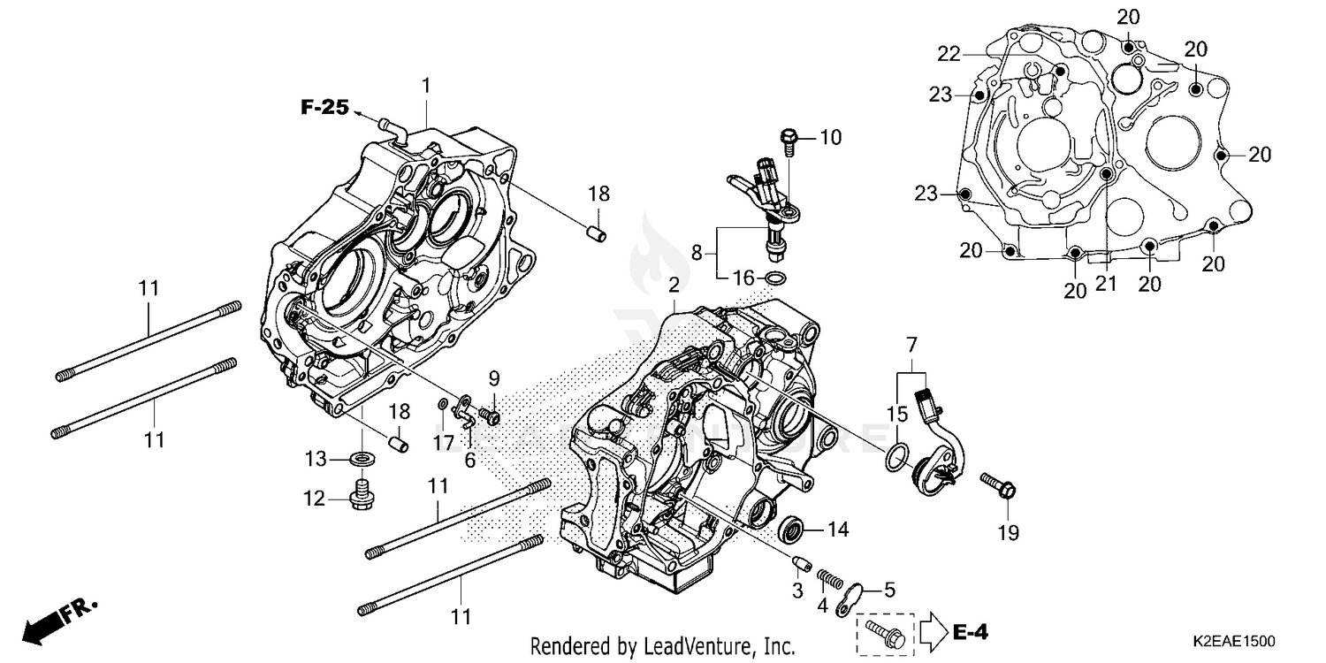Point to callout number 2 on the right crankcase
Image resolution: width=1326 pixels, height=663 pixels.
[x=674, y=285]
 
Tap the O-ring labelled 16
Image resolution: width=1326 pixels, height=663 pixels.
[x=775, y=280]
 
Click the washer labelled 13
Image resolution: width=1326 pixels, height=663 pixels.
[x=361, y=459]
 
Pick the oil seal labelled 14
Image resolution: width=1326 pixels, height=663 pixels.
[x=790, y=530]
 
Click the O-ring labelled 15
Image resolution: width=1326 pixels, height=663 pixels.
[x=895, y=458]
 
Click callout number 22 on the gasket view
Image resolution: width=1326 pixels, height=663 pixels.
[x=949, y=55]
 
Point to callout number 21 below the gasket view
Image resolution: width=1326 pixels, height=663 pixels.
[x=1106, y=283]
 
